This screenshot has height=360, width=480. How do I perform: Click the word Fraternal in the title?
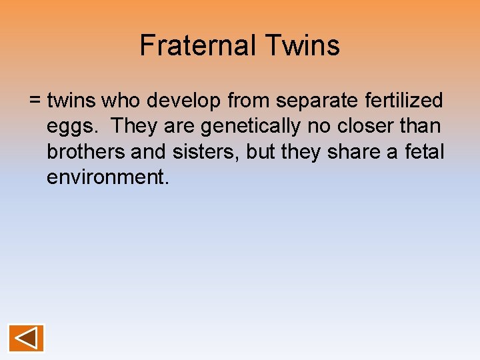click(x=198, y=46)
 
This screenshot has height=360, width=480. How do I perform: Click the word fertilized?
click(x=407, y=101)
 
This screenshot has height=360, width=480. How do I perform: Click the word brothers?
click(x=86, y=152)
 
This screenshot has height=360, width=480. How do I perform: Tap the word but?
click(x=261, y=152)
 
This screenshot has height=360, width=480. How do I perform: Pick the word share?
click(x=355, y=152)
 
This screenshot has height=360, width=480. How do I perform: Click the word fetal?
click(x=423, y=152)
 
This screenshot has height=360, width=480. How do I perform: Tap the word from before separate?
click(x=249, y=101)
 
